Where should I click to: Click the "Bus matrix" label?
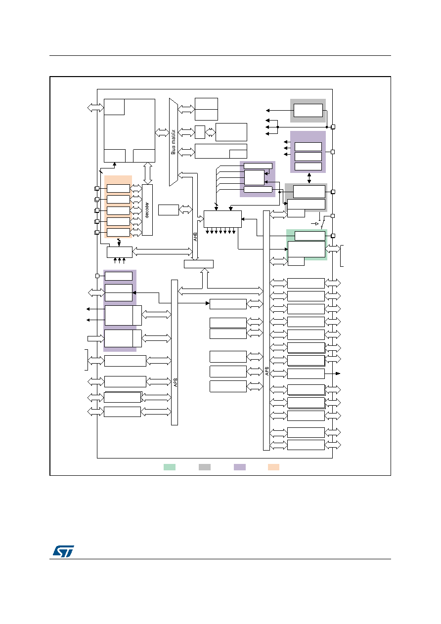coord(173,142)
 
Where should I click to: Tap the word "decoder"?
coord(147,210)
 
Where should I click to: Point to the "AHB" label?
coord(195,237)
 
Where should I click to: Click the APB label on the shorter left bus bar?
coord(176,382)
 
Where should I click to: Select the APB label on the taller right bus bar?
coord(267,371)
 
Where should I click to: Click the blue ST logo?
coord(64,551)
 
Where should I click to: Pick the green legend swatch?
coord(170,467)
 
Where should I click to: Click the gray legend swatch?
coord(205,467)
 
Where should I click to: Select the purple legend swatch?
coord(240,467)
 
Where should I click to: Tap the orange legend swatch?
coord(273,467)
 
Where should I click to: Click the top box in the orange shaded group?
coord(119,188)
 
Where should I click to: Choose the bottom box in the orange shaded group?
coord(119,232)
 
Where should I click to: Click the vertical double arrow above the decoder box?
coord(147,173)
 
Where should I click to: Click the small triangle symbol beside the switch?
coord(316,224)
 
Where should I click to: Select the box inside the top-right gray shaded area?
coord(308,111)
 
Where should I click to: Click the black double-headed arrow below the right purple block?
coord(309,178)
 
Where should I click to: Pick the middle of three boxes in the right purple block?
coord(308,157)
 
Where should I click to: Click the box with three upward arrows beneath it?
coord(120,252)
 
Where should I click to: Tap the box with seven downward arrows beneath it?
coord(222,219)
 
